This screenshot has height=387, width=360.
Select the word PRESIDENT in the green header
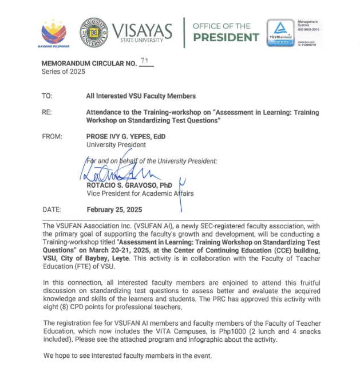pos(226,38)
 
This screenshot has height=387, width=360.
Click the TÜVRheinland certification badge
pos(281,33)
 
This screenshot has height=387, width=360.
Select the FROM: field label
pos(52,137)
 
